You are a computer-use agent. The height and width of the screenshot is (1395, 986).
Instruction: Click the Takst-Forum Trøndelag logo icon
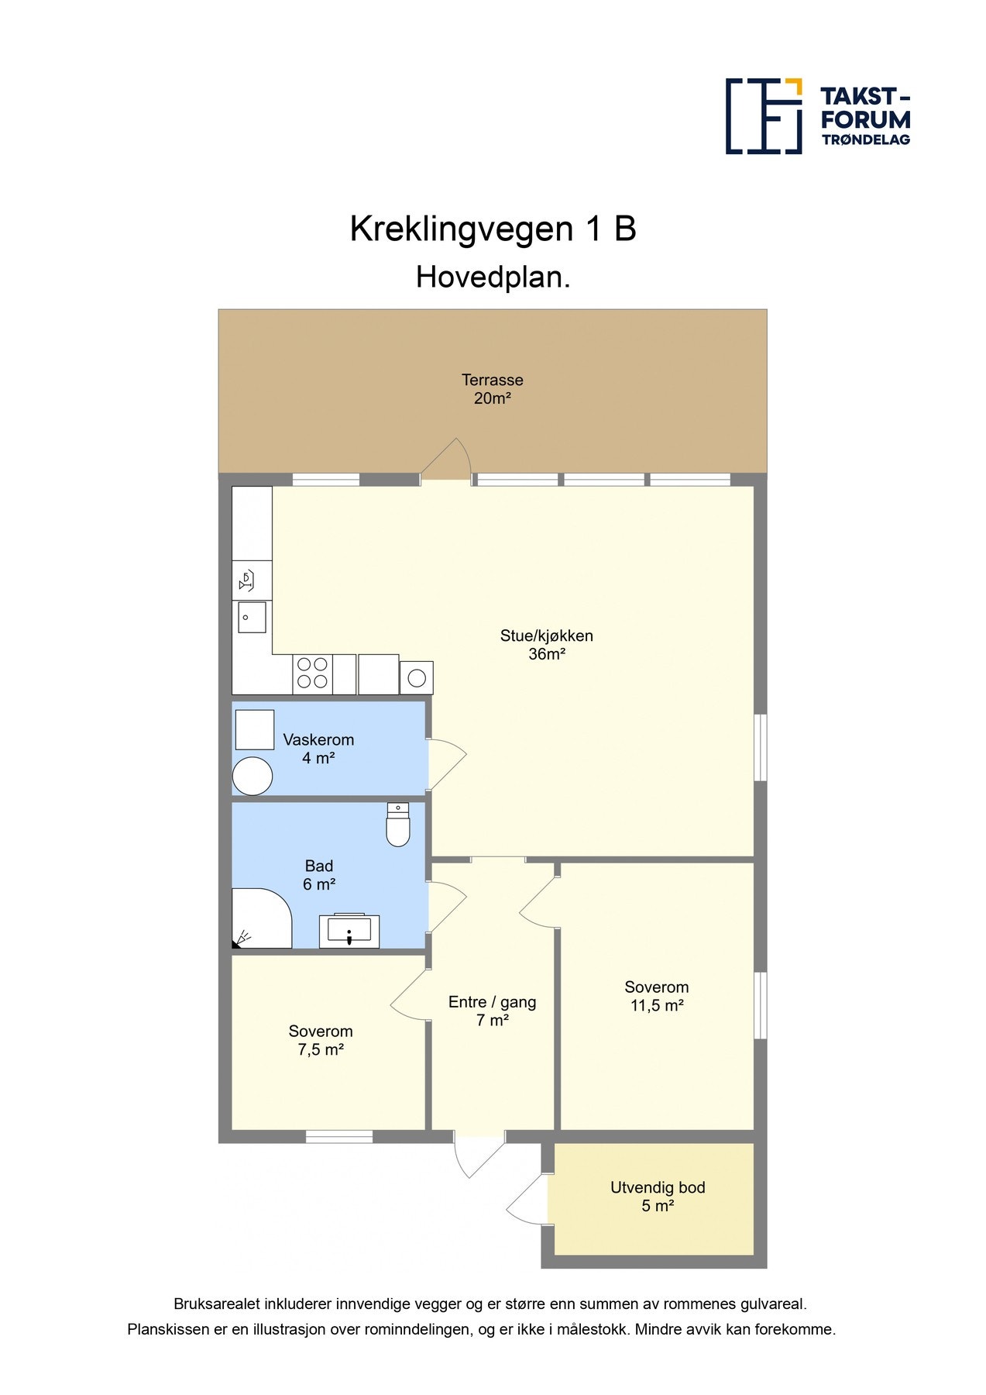point(763,116)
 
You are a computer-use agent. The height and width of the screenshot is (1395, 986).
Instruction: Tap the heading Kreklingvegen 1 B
point(493,229)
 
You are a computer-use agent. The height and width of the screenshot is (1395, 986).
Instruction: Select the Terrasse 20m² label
point(493,389)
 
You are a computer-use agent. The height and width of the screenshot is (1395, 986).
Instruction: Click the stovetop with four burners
point(313,673)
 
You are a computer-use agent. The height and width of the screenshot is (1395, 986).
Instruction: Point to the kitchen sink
point(252,617)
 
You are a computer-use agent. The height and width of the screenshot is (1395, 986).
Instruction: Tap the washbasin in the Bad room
point(349,930)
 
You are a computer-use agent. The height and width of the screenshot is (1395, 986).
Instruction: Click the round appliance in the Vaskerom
point(253,776)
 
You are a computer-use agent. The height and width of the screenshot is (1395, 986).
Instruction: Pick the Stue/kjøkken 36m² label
point(547,645)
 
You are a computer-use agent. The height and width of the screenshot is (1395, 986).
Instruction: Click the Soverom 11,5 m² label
point(657,996)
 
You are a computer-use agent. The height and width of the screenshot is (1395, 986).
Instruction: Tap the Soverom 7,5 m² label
point(321,1040)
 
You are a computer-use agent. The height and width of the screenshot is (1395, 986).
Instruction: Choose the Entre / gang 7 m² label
point(493,1011)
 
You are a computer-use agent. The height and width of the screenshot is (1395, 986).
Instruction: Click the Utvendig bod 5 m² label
point(658,1197)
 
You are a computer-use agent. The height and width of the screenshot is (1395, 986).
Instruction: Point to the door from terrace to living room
point(446,461)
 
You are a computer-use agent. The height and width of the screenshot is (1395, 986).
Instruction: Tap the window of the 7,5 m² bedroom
point(339,1137)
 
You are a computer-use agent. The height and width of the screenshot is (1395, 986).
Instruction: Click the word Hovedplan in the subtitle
point(493,277)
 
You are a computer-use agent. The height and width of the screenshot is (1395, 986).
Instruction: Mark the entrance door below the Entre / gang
point(479,1156)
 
